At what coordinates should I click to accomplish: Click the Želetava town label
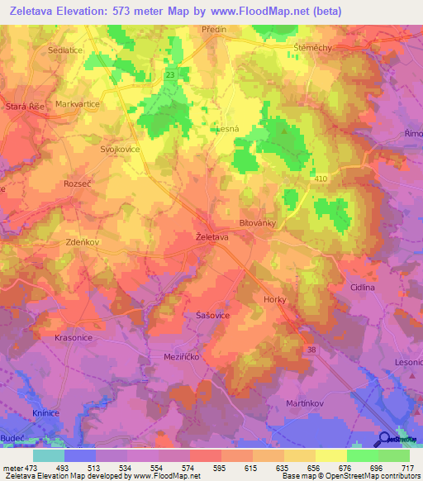(x=212, y=237)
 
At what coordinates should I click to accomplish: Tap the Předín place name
(x=215, y=29)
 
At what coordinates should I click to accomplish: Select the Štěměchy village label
(x=312, y=48)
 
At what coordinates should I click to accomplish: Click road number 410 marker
(x=321, y=178)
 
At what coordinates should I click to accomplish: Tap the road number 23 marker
(x=169, y=75)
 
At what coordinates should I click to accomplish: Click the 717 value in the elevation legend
(x=408, y=468)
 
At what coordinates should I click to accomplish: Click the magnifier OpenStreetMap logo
(x=386, y=440)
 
